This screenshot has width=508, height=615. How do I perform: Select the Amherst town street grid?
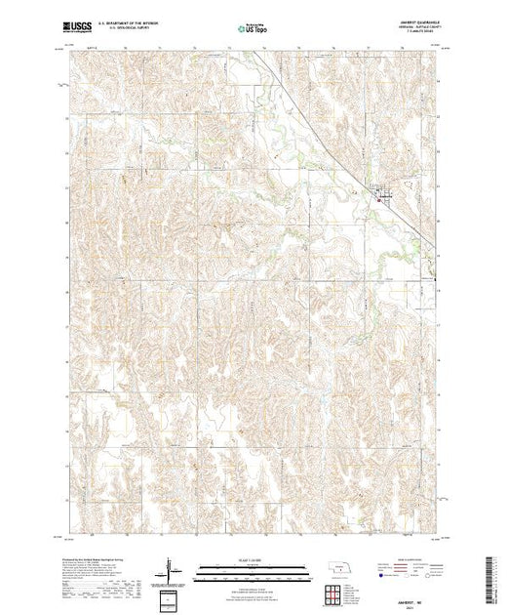(384, 194)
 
